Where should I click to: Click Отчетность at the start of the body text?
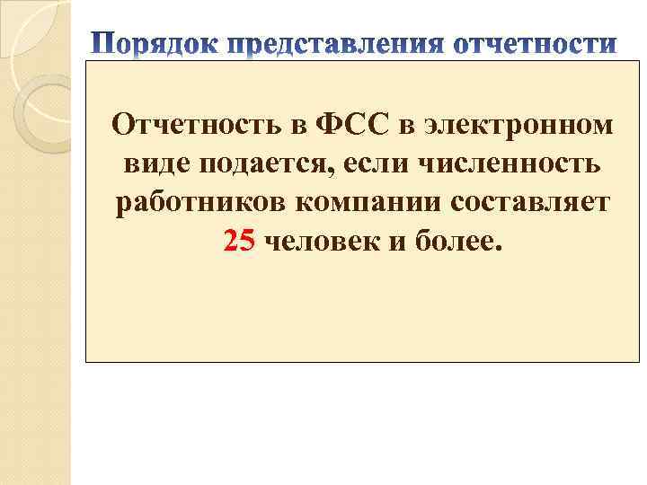coord(194,126)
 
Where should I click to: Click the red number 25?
coord(239,242)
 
